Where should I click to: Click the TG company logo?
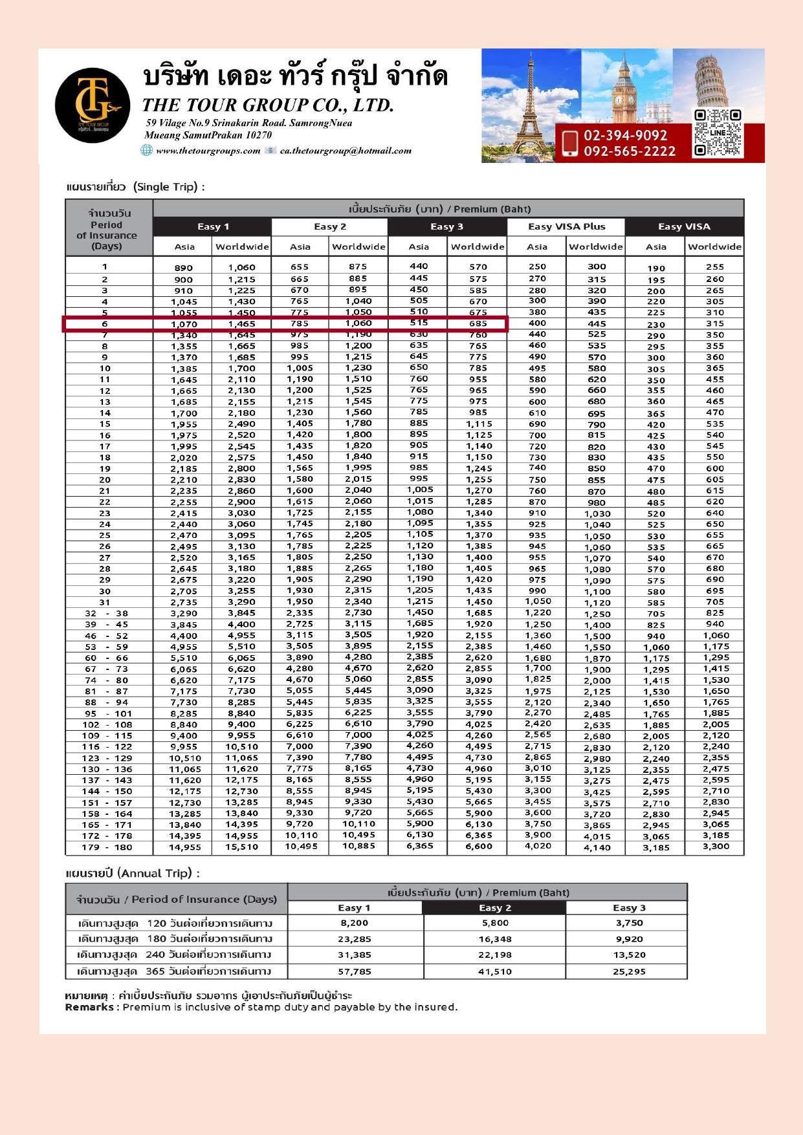[92, 105]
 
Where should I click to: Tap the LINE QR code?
[717, 133]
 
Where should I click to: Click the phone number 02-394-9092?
[625, 135]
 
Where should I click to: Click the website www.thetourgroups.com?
[208, 151]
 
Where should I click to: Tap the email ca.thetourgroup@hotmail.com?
[346, 151]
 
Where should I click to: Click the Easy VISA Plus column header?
[566, 226]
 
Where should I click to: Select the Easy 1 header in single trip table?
[213, 226]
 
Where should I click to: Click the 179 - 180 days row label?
[107, 847]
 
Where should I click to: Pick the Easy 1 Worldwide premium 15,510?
[241, 847]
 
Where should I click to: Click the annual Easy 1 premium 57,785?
[355, 971]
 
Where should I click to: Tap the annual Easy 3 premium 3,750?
[629, 923]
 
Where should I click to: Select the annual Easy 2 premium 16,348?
[495, 939]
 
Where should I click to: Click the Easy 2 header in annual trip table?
[495, 908]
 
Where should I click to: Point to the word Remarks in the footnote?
[89, 1007]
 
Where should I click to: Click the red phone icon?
[570, 143]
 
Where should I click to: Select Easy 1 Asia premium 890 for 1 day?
[184, 268]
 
